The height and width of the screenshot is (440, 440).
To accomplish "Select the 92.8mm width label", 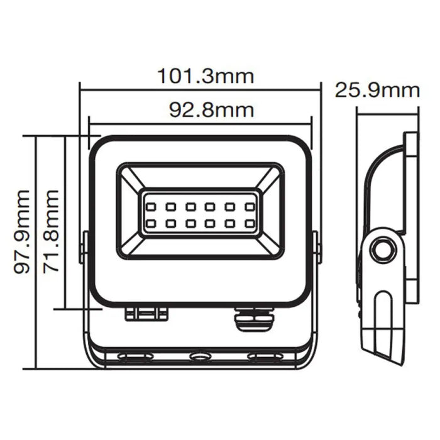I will [211, 110].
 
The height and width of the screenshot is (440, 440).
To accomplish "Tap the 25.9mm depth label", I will [377, 90].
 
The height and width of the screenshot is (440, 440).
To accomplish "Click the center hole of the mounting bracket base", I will [201, 357].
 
